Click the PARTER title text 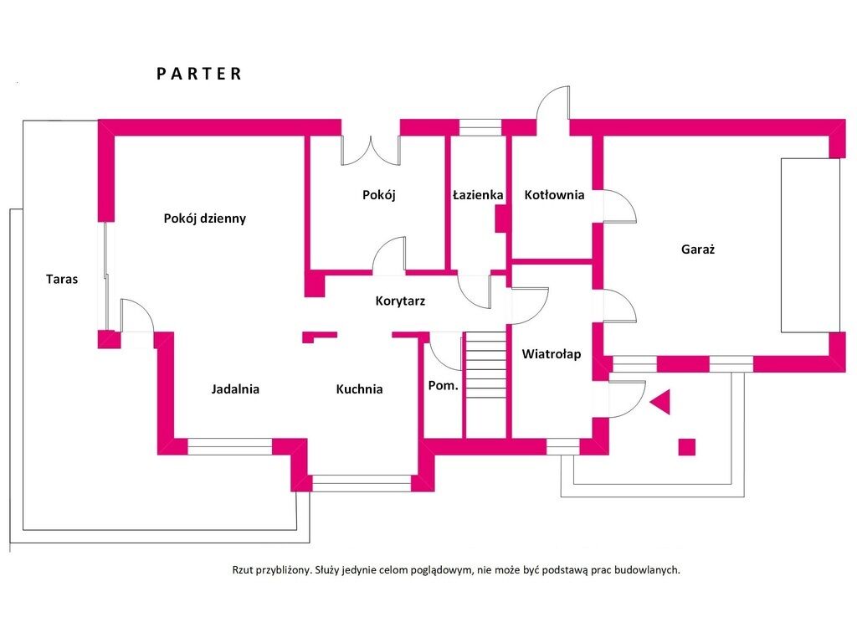point(199,74)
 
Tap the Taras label point(62,280)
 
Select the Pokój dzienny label point(205,219)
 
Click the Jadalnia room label point(235,388)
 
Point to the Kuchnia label point(359,388)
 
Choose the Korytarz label point(400,301)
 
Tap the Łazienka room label point(478,195)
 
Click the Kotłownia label point(554,195)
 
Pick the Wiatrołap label point(552,354)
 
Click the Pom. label point(443,385)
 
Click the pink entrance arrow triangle point(662,402)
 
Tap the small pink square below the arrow point(686,447)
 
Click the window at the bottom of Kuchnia point(362,482)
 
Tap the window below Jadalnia point(229,446)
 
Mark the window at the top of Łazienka point(480,127)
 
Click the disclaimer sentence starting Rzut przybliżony point(456,570)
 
